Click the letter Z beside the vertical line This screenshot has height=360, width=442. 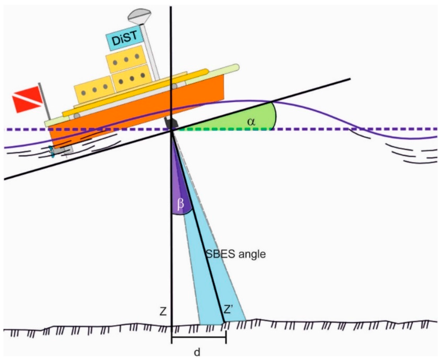pyautogui.click(x=163, y=311)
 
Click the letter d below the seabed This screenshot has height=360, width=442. pyautogui.click(x=197, y=352)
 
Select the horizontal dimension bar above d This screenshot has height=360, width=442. pyautogui.click(x=199, y=338)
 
